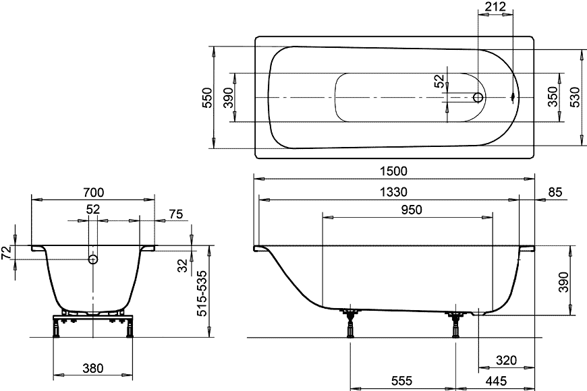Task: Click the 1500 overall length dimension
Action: tap(393, 171)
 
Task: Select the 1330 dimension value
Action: tap(393, 192)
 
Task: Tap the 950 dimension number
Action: tap(412, 210)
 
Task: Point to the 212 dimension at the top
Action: tap(495, 6)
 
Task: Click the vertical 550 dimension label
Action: tap(207, 98)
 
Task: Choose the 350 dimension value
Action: tap(553, 96)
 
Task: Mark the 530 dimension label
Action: tap(575, 97)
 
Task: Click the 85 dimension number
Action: tap(555, 192)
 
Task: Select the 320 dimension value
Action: tap(506, 360)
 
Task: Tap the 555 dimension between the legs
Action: tap(401, 381)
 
